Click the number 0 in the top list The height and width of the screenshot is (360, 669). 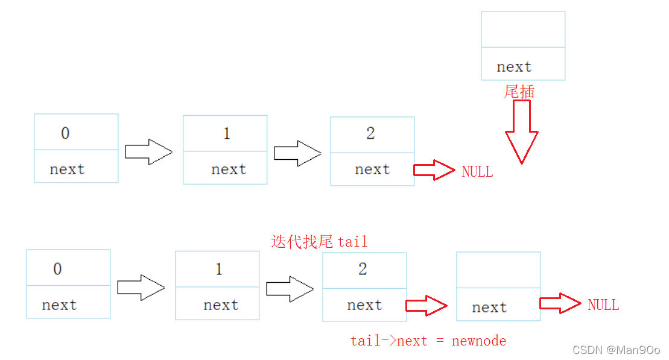[65, 133]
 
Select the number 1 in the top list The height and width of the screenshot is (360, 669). [227, 133]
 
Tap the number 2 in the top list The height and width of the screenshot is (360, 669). [370, 133]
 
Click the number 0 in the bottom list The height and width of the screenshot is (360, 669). [57, 269]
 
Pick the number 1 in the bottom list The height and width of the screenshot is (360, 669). [219, 269]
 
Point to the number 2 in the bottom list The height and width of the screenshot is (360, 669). [363, 269]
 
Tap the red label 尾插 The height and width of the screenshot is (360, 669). [519, 92]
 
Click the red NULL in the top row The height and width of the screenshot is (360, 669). [477, 172]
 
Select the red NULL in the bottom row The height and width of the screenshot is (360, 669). [603, 305]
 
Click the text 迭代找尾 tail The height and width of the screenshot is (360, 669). [319, 242]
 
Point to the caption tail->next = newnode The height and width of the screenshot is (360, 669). [428, 341]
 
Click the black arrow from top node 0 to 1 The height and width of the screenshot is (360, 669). [148, 151]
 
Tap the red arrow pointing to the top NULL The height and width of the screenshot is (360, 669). [434, 170]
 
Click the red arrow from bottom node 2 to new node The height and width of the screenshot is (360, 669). [426, 305]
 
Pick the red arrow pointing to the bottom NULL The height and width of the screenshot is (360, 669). [560, 303]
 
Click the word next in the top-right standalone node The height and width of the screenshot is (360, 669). [514, 67]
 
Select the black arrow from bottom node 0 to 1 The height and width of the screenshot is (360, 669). [141, 288]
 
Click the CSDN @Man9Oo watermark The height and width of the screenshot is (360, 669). [616, 350]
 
